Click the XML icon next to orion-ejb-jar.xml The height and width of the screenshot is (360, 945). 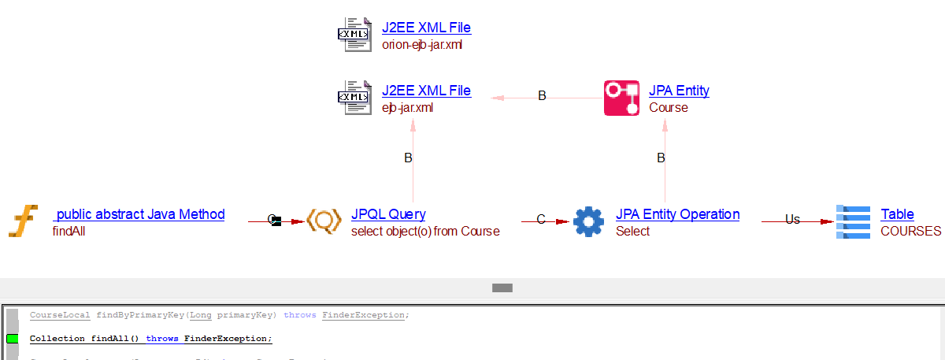354,35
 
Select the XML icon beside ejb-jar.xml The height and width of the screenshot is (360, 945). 354,98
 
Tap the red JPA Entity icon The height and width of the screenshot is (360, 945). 621,98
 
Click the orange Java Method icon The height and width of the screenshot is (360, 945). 24,221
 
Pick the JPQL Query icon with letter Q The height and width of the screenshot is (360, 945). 323,221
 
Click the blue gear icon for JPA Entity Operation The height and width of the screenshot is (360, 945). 588,221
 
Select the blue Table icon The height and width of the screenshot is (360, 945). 853,221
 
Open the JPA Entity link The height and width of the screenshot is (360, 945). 679,91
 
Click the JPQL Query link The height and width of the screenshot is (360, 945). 388,214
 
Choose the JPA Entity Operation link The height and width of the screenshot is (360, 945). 677,214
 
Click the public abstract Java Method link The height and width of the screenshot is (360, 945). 139,214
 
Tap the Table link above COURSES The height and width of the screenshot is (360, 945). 897,214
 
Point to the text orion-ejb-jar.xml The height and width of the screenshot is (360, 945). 422,44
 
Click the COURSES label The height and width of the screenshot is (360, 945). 910,231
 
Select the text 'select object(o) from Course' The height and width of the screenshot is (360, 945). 425,231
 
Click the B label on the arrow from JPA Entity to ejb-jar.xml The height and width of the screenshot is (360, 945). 542,96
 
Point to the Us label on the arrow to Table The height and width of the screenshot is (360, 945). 792,220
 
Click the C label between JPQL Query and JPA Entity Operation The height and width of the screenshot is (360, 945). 541,220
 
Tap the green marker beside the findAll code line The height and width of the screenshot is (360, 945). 12,339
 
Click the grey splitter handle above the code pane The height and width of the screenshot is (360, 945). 502,288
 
